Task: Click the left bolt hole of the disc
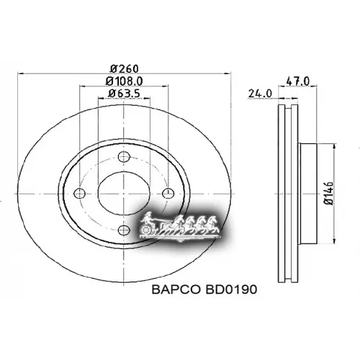click(80, 192)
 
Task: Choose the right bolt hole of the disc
click(168, 192)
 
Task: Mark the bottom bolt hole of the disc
click(124, 231)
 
